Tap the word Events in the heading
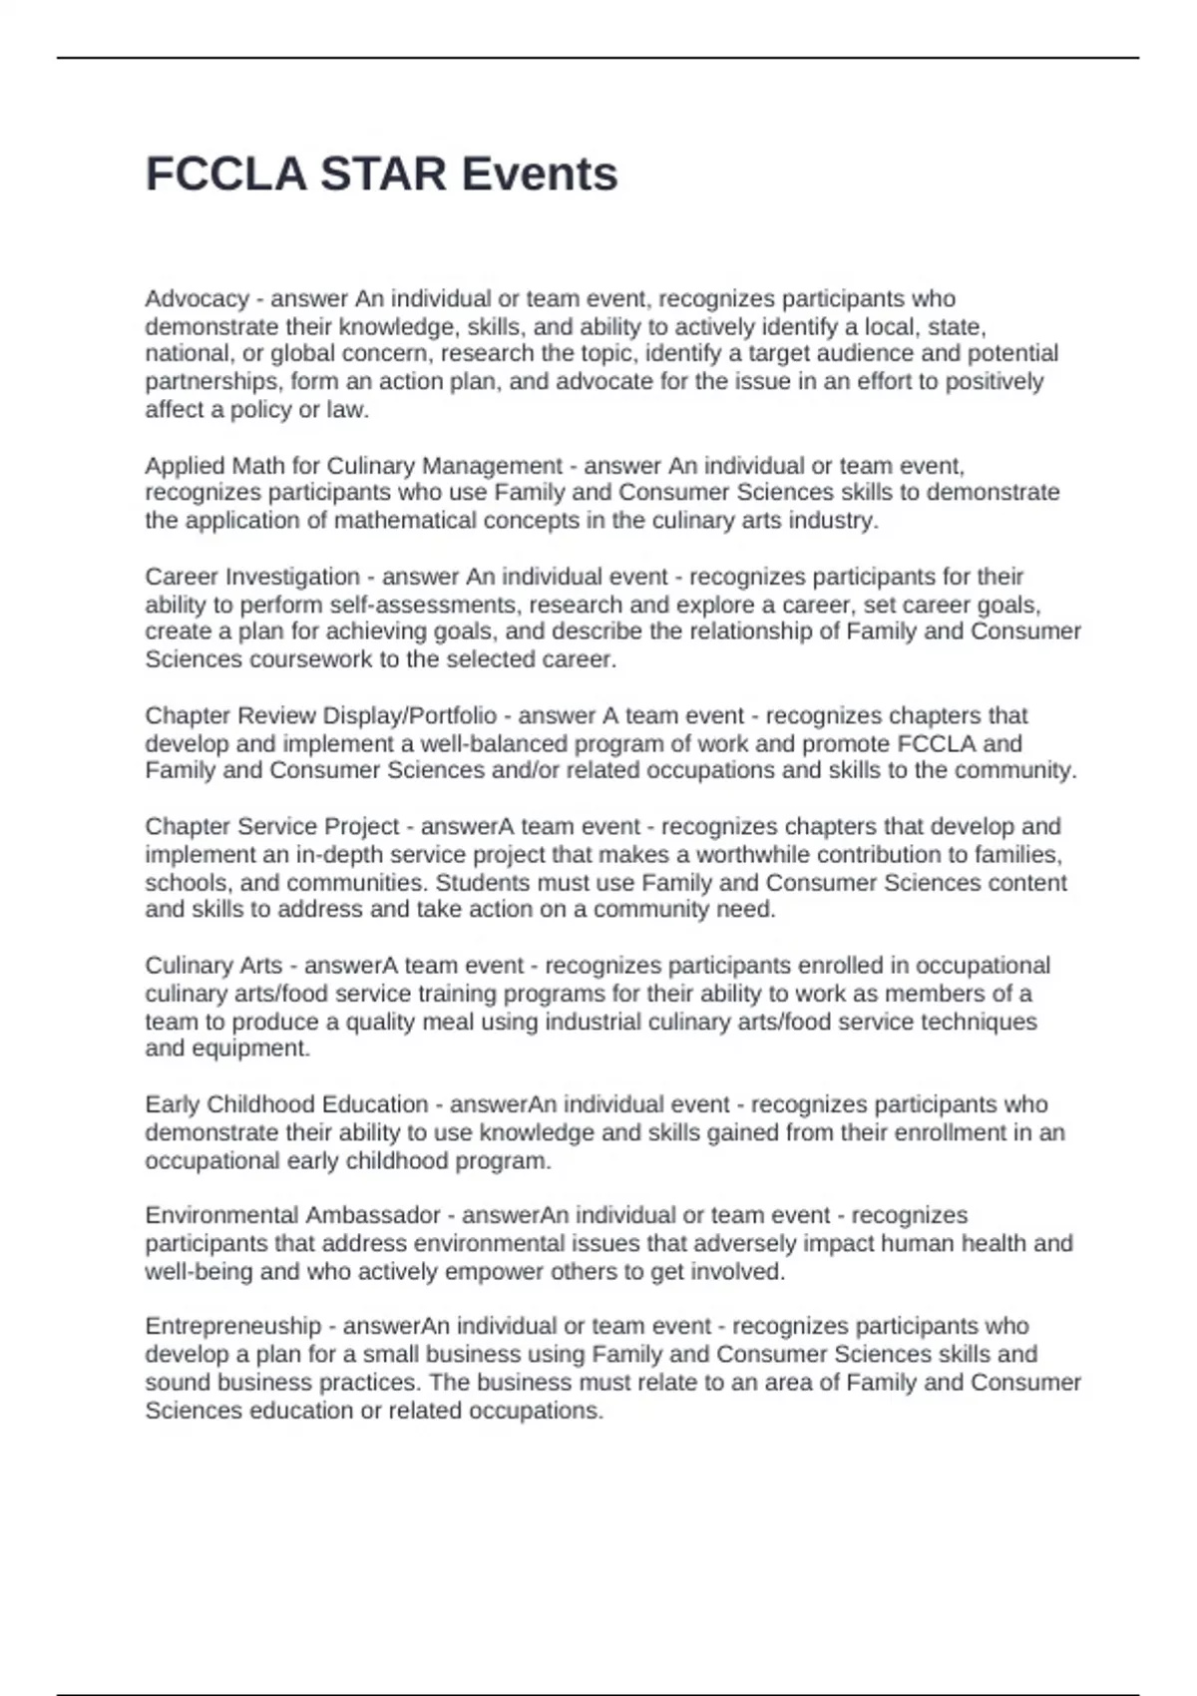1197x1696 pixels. coord(540,174)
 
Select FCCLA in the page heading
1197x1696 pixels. coord(225,174)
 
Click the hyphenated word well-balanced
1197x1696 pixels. coord(490,743)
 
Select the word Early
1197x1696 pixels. coord(173,1104)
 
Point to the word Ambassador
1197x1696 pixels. coord(373,1215)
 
